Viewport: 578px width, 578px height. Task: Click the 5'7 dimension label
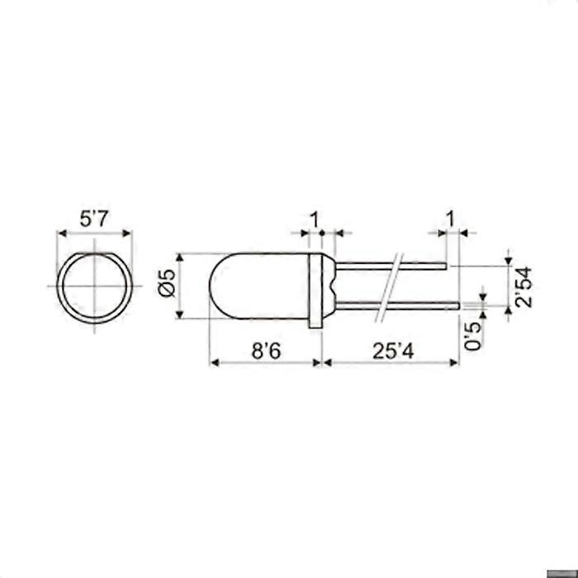94,220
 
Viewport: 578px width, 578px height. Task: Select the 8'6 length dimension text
266,351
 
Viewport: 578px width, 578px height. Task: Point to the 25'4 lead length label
391,351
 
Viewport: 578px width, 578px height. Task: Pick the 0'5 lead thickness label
473,334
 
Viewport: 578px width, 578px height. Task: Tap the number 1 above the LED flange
313,219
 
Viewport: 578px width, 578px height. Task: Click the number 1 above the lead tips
450,219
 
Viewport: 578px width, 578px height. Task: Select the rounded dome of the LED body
227,286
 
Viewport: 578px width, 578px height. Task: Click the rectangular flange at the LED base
315,291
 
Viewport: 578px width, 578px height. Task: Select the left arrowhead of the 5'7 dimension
60,235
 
